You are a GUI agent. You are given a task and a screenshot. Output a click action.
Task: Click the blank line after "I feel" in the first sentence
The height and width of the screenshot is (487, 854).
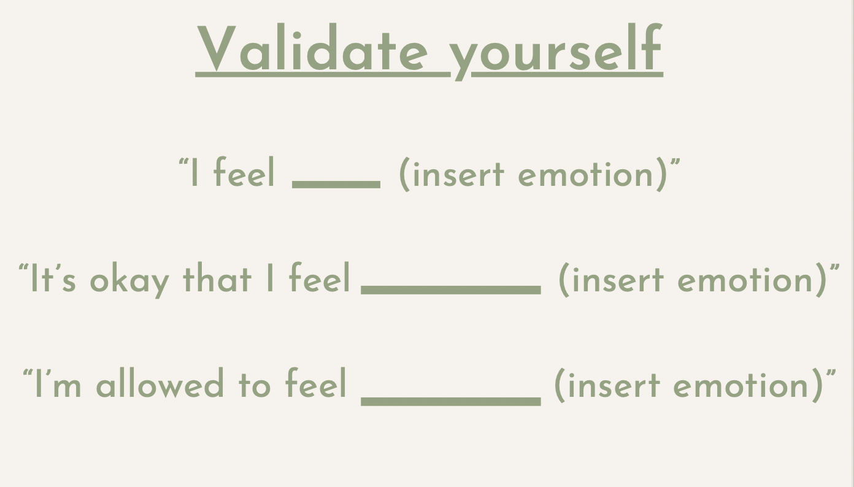[x=336, y=185]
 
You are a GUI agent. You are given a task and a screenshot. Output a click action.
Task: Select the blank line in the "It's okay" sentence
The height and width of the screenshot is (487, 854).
[x=451, y=290]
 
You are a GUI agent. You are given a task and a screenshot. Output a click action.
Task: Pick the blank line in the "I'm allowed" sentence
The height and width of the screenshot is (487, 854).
[x=451, y=401]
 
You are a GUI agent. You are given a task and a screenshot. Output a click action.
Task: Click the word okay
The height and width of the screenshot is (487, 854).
[x=129, y=280]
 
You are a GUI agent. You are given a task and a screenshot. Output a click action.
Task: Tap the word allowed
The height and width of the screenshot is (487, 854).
[x=160, y=383]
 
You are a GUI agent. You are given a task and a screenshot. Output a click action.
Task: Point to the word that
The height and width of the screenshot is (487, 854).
[x=217, y=277]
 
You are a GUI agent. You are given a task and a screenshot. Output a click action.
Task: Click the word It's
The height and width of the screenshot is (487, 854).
[x=53, y=278]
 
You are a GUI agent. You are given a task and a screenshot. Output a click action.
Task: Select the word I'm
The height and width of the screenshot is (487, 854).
[x=58, y=383]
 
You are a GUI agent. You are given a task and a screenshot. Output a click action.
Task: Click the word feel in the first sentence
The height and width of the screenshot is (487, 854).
[x=244, y=172]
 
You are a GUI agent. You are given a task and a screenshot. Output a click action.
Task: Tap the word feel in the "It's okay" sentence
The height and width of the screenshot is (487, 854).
[x=320, y=277]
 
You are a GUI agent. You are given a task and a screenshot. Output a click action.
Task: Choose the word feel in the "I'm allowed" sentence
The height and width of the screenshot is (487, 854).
[x=316, y=383]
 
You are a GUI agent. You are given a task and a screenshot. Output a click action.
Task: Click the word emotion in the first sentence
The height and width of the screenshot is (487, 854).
[x=585, y=174]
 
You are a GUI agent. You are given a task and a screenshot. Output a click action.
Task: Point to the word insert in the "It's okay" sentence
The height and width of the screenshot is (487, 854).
[x=618, y=280]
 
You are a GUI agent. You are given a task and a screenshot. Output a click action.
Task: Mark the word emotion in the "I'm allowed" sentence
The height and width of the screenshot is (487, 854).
[x=741, y=385]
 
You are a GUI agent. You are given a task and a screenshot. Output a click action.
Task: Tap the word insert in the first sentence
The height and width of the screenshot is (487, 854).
[x=459, y=174]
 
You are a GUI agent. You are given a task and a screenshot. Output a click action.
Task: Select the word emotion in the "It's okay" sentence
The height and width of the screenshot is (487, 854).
[x=745, y=280]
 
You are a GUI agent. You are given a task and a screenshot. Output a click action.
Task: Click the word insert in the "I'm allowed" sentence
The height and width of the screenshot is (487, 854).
[x=614, y=385]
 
